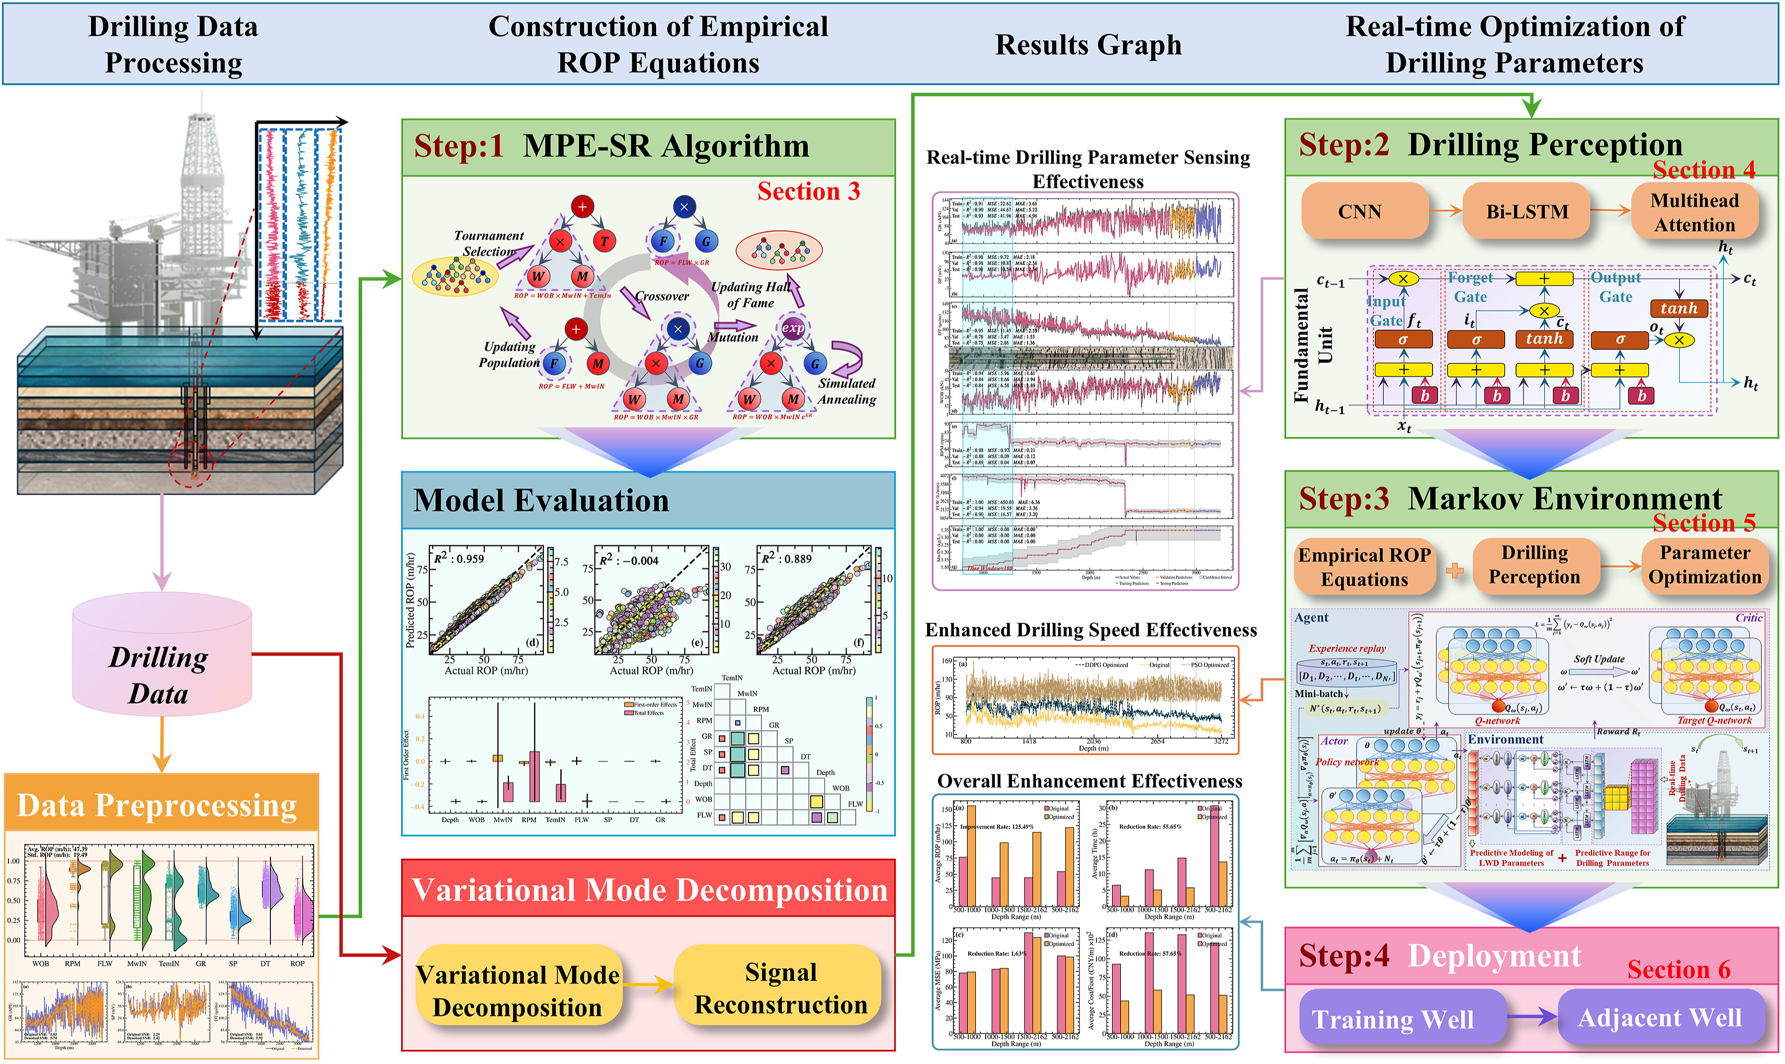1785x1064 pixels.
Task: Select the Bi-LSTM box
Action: click(x=1526, y=212)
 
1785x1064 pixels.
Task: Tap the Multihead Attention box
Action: click(x=1694, y=212)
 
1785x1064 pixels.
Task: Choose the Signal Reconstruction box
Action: click(x=780, y=989)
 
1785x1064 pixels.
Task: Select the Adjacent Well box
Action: click(x=1660, y=1017)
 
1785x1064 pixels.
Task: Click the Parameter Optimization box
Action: click(x=1704, y=565)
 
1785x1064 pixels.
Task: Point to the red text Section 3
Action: click(x=808, y=191)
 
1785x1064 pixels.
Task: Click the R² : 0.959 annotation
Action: click(x=458, y=559)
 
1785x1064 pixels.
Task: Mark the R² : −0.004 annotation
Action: click(x=629, y=560)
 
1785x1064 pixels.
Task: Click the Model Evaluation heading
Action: click(x=541, y=500)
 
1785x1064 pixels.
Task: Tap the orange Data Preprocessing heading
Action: click(x=157, y=805)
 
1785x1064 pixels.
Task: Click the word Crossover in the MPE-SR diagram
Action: click(x=661, y=296)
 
